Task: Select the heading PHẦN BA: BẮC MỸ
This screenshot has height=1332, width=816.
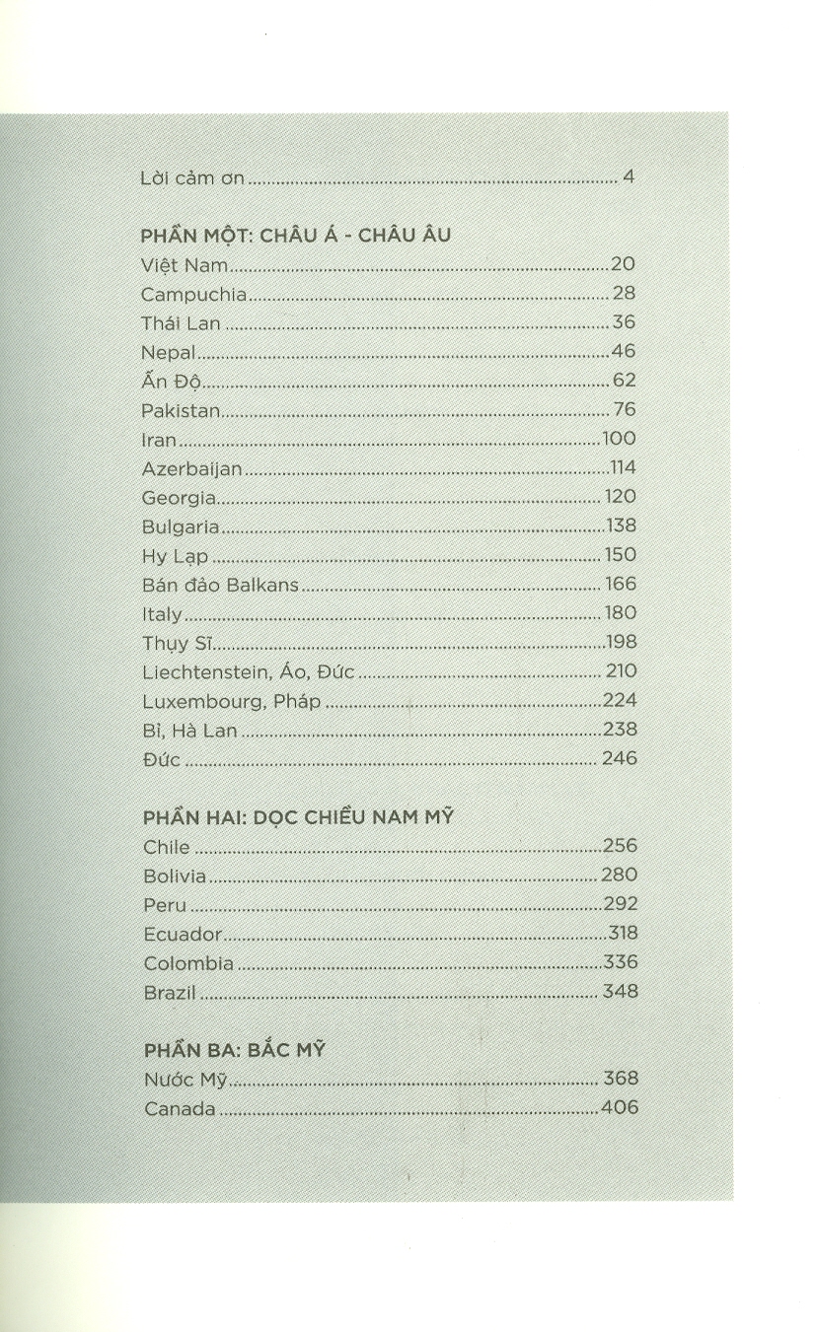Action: [234, 1050]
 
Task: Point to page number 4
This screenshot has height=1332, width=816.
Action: [628, 179]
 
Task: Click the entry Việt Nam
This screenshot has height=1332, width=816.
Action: [185, 265]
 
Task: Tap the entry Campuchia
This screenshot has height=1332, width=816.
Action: [193, 294]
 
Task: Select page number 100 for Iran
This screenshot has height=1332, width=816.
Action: [619, 439]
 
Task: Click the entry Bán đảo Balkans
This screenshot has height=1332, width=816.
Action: [220, 585]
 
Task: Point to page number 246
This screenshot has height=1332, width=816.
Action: [620, 758]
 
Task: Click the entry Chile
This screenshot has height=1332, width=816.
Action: [166, 847]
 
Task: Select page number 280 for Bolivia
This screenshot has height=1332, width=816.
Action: [619, 876]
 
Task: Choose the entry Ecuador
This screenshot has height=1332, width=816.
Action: [182, 934]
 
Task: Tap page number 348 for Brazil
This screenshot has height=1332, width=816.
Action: [620, 992]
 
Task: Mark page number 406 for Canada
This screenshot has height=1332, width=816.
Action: [619, 1108]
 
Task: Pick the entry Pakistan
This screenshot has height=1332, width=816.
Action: [183, 410]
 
